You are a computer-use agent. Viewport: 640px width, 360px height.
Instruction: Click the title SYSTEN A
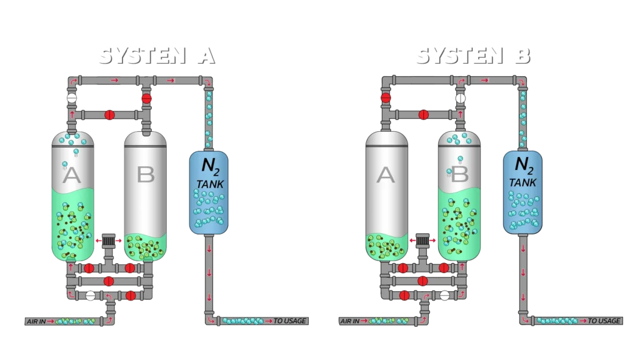click(155, 56)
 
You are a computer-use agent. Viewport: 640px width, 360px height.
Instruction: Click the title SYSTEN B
click(472, 56)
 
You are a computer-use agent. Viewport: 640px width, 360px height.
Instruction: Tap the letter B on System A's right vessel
click(145, 175)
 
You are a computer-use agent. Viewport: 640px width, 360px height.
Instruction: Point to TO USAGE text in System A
click(291, 321)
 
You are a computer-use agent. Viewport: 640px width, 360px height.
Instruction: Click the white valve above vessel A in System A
click(72, 98)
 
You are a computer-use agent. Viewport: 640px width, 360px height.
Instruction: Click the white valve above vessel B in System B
click(461, 98)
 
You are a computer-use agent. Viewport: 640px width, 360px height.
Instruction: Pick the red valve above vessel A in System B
click(386, 98)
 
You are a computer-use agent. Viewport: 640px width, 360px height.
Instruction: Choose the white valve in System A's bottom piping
click(91, 296)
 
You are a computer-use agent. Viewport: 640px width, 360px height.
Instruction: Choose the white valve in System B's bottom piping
click(444, 296)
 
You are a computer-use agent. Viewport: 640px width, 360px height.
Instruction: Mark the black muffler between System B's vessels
click(423, 239)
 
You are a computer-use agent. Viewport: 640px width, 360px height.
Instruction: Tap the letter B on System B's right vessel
click(459, 175)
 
